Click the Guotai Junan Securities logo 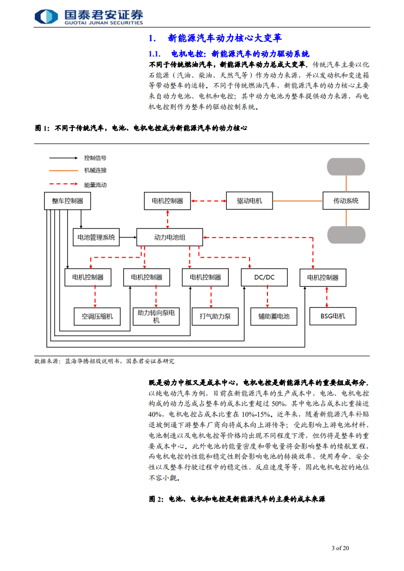[88, 16]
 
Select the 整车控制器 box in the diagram [67, 201]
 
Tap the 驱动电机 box [249, 201]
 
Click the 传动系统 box [345, 201]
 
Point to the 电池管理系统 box [96, 237]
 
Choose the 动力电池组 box [169, 237]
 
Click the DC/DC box [264, 277]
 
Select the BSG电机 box [332, 316]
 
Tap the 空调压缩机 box [97, 316]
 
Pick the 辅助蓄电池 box [273, 316]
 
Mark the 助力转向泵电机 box [156, 316]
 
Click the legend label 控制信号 [95, 158]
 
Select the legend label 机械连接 [95, 170]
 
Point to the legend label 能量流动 [95, 185]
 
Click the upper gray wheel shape [345, 167]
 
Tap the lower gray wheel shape [345, 235]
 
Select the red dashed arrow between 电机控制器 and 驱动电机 [208, 201]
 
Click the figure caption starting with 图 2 [237, 499]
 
